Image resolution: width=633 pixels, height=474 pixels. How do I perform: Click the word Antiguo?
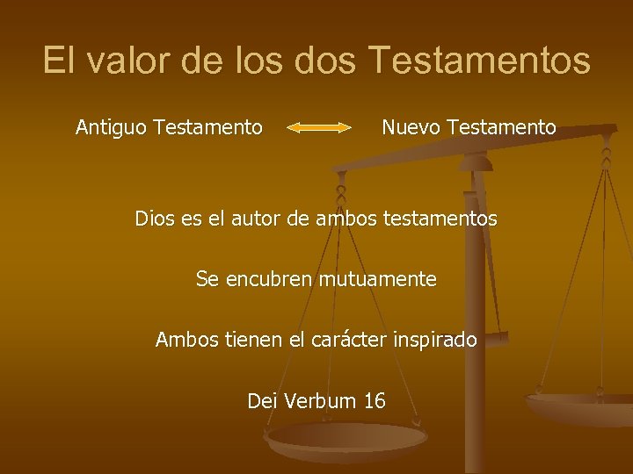112,128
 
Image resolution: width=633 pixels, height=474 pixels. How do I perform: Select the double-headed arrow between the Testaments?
319,128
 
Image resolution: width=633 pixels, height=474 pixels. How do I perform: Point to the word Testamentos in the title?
481,61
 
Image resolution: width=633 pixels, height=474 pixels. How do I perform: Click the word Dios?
155,219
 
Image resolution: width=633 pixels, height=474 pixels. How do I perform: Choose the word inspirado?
436,340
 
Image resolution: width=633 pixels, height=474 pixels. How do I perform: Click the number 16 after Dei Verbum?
374,402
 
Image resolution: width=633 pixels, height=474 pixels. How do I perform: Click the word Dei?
261,402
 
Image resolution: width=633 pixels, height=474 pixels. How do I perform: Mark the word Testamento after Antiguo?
207,128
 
